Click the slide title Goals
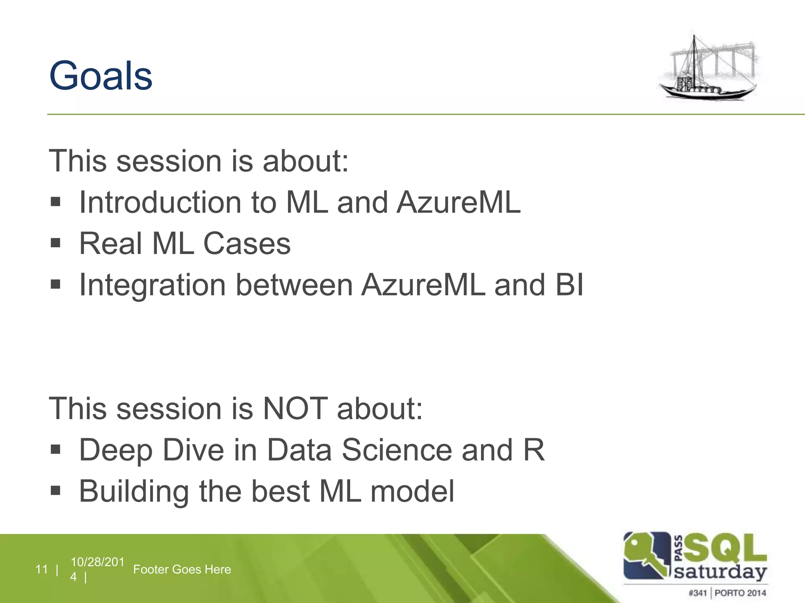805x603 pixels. (101, 75)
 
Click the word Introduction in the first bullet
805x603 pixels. (160, 203)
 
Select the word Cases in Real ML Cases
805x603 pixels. (247, 244)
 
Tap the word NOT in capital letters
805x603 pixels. (295, 409)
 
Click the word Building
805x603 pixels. (134, 492)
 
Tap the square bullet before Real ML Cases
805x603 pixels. (55, 243)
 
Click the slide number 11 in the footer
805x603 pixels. (41, 569)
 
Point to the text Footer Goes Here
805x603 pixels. (182, 569)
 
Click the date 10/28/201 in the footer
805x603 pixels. (97, 562)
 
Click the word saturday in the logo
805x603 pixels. (720, 572)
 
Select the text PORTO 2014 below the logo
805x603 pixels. (740, 593)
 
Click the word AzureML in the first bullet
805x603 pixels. (458, 203)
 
